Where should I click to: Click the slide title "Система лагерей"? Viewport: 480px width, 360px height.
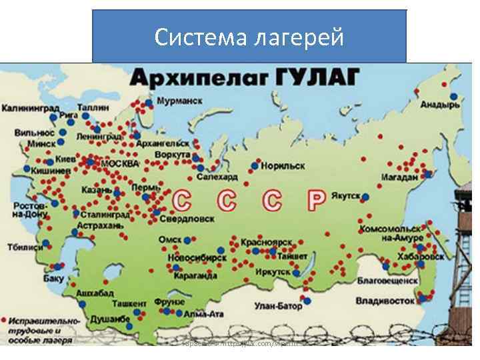(x=249, y=37)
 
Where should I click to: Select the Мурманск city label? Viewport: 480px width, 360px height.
(x=180, y=101)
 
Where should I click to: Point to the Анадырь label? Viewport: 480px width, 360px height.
(x=440, y=105)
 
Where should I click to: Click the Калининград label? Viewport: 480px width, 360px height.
(x=29, y=108)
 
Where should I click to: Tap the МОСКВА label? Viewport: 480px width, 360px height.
(x=120, y=163)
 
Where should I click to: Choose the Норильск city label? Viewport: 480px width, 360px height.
(x=283, y=165)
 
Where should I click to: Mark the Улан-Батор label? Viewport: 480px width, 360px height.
(x=278, y=306)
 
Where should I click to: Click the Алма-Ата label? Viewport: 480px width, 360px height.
(x=203, y=313)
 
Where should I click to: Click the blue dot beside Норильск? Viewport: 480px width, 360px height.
(x=254, y=165)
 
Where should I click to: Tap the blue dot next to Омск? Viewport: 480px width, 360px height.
(x=188, y=239)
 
